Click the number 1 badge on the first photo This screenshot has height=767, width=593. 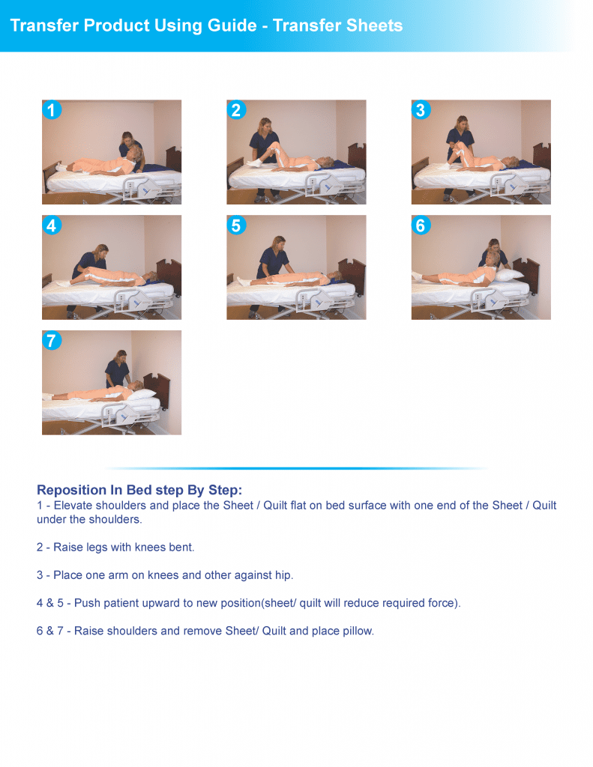(x=51, y=111)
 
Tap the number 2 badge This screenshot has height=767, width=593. (x=236, y=111)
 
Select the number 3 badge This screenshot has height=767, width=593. (x=420, y=111)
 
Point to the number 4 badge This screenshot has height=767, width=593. (x=51, y=225)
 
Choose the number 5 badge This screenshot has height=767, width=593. (x=236, y=225)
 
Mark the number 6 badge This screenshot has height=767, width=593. (x=420, y=225)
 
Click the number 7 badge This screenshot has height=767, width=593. (x=51, y=341)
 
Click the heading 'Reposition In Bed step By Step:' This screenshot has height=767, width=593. (x=139, y=490)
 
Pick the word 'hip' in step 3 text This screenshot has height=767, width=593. (x=283, y=575)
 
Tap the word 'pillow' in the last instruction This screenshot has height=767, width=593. (x=356, y=631)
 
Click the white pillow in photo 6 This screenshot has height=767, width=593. (x=512, y=274)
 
